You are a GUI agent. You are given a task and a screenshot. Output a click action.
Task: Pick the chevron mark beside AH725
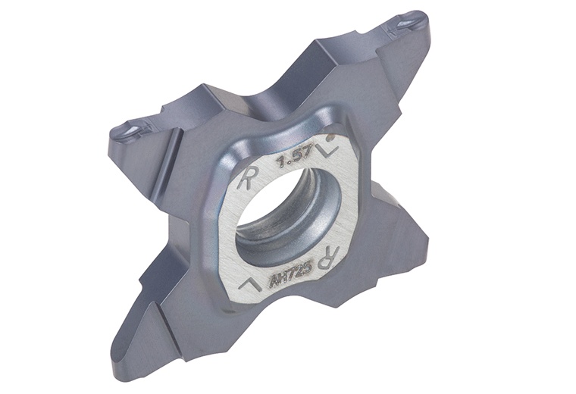(247, 283)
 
